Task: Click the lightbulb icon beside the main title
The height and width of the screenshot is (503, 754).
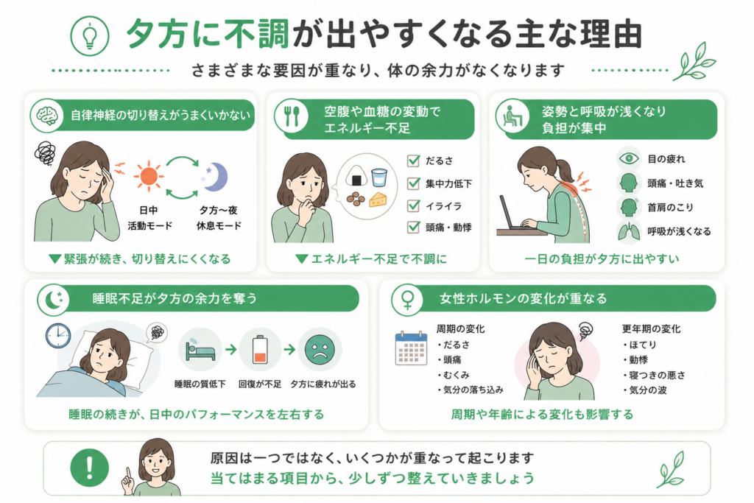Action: click(89, 35)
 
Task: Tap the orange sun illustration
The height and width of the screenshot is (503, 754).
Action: click(149, 176)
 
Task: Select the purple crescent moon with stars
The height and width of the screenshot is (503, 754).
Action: click(214, 177)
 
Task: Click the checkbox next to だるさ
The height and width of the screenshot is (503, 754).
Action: click(413, 161)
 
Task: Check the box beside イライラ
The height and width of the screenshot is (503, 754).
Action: click(413, 205)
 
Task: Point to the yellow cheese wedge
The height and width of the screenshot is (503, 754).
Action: click(378, 199)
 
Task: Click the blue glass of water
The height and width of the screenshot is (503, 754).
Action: click(379, 177)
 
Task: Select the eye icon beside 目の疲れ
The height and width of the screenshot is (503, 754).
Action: click(629, 158)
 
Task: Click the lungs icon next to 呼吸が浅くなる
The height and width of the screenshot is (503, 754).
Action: click(629, 231)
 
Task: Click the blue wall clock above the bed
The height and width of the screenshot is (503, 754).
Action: click(58, 336)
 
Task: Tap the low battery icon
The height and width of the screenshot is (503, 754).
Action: click(260, 350)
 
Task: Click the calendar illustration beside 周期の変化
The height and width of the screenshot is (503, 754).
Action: click(411, 348)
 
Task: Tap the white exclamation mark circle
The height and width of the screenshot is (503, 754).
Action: click(89, 468)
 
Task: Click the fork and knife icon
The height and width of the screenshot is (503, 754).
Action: click(292, 116)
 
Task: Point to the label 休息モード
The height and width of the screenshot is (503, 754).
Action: click(219, 225)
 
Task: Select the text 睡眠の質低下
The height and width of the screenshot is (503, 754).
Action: click(200, 384)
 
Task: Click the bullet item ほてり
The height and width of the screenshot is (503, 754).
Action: click(640, 345)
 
